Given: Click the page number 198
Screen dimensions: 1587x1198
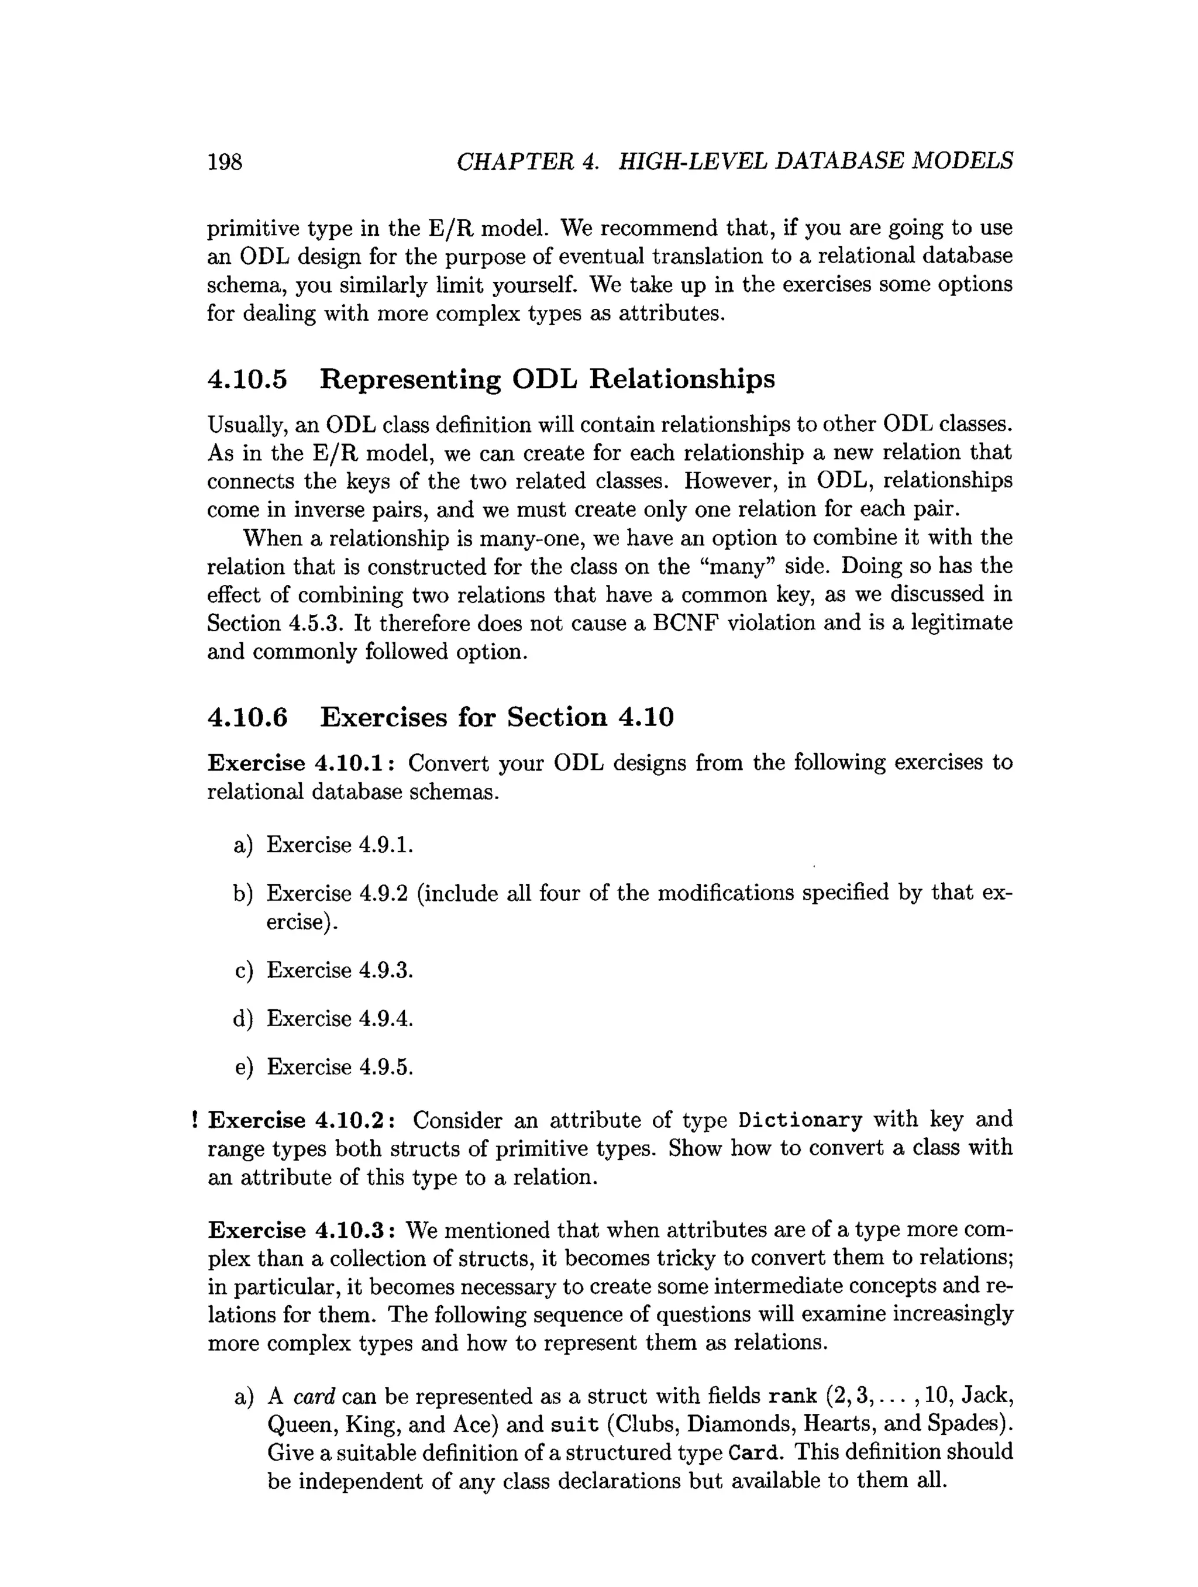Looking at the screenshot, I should (225, 161).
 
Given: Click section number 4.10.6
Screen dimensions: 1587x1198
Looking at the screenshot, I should (247, 717).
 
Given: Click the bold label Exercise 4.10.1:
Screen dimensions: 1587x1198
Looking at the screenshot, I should (301, 763).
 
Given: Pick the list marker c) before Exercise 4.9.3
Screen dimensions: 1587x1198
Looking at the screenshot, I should (243, 970).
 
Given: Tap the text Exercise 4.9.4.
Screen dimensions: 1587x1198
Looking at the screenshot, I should (339, 1019).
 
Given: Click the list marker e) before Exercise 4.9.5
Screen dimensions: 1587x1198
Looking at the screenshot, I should (243, 1067).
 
